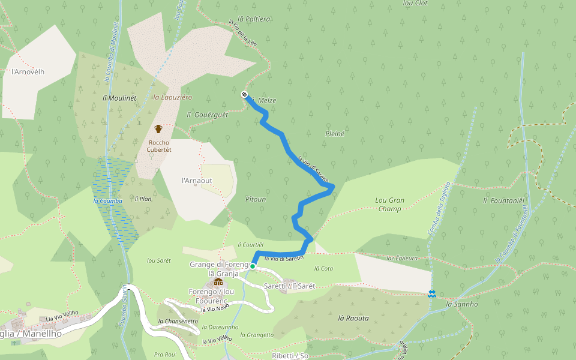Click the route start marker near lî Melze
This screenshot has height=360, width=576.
(245, 94)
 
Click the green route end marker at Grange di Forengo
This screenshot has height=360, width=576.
(253, 266)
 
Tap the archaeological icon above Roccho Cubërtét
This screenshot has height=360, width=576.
(158, 128)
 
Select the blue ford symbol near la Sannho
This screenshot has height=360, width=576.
(431, 293)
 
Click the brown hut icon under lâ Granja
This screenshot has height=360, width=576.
(219, 282)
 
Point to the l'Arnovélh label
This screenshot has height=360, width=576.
(28, 71)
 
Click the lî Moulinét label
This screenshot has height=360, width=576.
(119, 97)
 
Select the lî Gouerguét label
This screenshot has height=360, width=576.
(208, 115)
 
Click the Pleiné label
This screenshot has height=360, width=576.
(334, 134)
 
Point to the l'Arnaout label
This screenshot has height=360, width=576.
(197, 180)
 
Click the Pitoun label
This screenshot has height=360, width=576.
(256, 199)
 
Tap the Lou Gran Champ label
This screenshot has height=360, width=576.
(389, 205)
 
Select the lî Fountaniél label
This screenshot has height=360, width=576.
(504, 200)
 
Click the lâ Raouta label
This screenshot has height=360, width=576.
(353, 318)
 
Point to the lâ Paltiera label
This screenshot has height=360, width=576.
(253, 19)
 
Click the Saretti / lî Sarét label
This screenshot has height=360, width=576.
(289, 286)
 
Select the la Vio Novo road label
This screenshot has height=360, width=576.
(215, 308)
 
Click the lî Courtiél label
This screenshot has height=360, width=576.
(251, 244)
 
